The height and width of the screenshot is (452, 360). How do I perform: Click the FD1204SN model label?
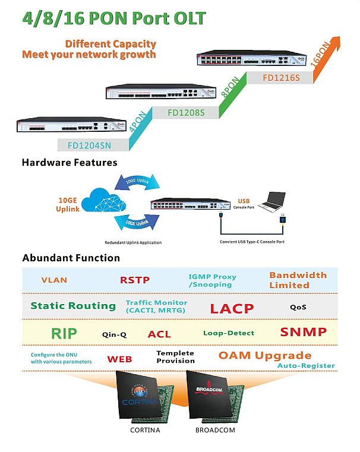tap(89, 144)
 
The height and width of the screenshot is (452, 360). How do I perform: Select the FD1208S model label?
tap(186, 112)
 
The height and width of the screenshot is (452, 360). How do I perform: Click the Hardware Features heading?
tap(70, 162)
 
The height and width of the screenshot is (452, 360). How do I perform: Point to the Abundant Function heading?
tap(71, 258)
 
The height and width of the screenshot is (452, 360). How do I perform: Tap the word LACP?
tap(232, 308)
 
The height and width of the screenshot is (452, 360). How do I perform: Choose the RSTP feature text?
tap(135, 280)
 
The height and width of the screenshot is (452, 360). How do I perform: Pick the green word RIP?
tap(64, 333)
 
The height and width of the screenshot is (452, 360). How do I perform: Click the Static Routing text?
tap(73, 306)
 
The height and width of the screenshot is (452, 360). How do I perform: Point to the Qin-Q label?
tap(114, 334)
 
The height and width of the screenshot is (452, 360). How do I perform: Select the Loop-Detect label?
tap(229, 333)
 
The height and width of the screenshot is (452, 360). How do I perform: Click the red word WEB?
tap(119, 359)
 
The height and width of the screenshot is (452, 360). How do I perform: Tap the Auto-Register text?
tap(306, 366)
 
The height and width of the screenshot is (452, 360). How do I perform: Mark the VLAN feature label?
tap(54, 280)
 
